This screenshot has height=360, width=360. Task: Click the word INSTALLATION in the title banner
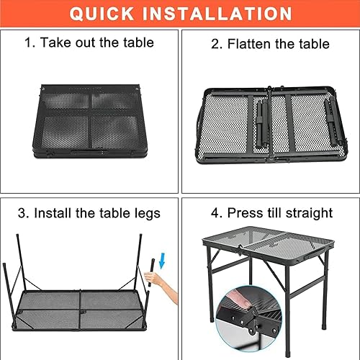tap(222, 14)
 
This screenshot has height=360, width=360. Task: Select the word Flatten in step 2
tap(250, 44)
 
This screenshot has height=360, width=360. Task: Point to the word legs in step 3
tap(144, 213)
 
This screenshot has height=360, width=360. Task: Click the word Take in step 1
tap(56, 42)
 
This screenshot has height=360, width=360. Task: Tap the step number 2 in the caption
tap(215, 44)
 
